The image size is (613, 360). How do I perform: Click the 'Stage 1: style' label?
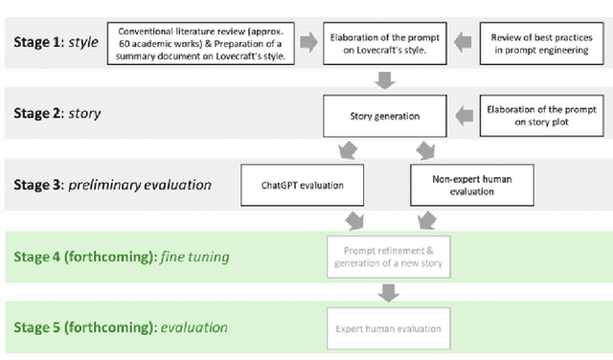(x=56, y=43)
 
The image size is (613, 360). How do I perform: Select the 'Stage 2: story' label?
(x=57, y=114)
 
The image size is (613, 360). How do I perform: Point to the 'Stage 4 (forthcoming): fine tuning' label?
(x=120, y=257)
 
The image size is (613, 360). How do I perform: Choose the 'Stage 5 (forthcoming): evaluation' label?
(x=120, y=327)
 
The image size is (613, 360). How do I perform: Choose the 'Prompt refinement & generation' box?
(x=388, y=257)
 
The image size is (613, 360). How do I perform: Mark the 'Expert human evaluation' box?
(x=388, y=328)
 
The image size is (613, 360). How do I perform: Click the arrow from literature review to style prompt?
(x=306, y=42)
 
